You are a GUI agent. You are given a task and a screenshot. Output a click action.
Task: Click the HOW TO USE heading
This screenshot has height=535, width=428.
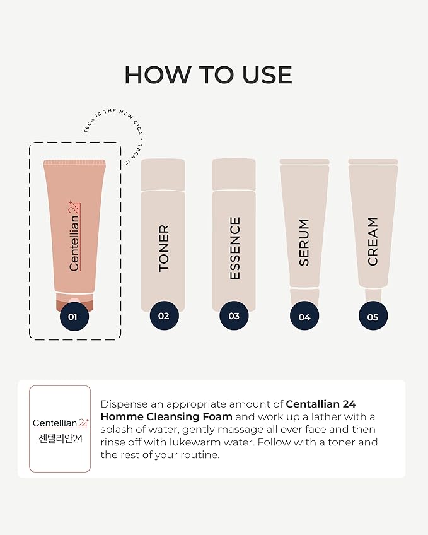[x=208, y=75]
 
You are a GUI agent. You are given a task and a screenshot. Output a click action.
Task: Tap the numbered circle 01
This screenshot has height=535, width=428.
[x=73, y=317]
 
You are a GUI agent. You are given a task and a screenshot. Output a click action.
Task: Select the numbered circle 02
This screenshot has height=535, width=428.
[x=163, y=315]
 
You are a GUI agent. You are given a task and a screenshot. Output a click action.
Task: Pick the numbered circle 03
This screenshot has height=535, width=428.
[x=234, y=316]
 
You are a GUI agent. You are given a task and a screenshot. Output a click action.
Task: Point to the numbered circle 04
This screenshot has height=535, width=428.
[x=304, y=317]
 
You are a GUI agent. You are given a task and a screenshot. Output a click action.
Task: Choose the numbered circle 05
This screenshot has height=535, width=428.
[x=373, y=317]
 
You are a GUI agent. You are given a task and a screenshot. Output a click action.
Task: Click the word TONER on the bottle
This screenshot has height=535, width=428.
[x=164, y=248]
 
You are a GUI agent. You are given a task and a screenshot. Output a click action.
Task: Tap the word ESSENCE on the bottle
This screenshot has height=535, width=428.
[x=234, y=248]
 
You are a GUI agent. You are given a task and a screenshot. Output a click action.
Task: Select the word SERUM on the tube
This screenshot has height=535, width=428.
[x=304, y=242]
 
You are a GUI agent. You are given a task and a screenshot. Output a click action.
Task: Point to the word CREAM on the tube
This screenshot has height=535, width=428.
[x=373, y=241]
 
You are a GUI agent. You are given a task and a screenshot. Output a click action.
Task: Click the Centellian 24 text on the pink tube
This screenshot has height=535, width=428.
[x=75, y=236]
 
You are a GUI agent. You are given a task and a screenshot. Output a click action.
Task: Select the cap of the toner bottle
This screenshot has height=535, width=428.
[x=163, y=174]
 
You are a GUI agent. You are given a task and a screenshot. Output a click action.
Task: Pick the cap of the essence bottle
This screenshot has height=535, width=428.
[x=234, y=174]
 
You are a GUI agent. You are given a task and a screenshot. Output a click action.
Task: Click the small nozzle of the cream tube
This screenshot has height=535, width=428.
[x=373, y=295]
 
